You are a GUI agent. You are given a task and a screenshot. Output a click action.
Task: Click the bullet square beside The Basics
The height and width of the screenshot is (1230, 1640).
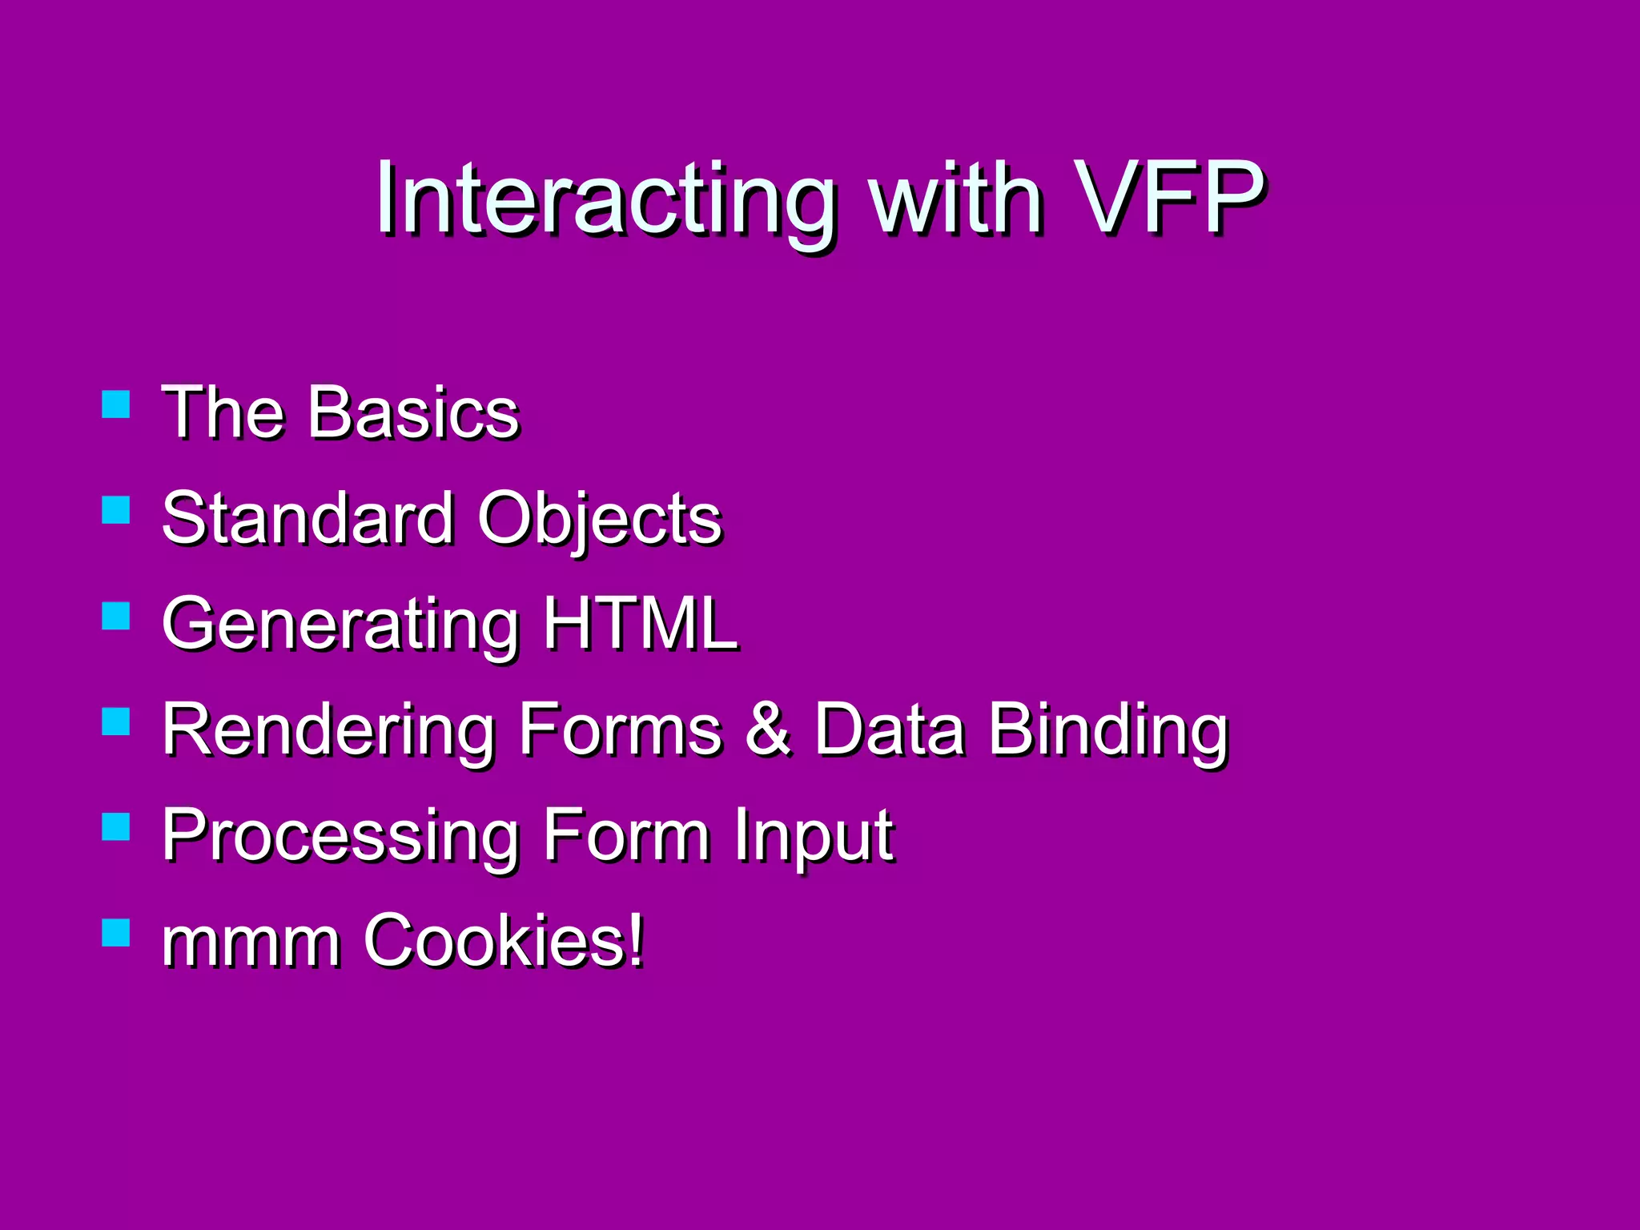click(x=116, y=404)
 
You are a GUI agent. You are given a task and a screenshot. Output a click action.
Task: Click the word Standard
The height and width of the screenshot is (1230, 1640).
click(x=308, y=518)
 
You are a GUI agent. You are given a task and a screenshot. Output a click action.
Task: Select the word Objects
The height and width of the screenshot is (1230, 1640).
click(x=600, y=521)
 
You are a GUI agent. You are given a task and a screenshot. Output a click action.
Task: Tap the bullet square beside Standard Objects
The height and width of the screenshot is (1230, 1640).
click(x=116, y=510)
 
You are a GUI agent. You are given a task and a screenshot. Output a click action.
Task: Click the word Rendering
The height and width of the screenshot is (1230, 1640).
click(x=328, y=731)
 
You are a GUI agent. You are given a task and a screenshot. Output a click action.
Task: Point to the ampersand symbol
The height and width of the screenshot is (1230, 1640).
click(x=769, y=729)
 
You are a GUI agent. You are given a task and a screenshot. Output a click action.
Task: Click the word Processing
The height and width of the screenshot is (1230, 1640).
click(x=340, y=837)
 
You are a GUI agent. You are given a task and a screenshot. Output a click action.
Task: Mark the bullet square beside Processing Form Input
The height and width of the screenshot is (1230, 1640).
click(x=116, y=827)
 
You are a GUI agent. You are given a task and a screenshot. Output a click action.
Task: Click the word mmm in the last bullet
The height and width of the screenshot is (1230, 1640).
click(x=251, y=943)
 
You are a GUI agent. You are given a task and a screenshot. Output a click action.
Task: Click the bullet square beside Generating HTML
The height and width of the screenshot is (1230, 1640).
click(x=116, y=616)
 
